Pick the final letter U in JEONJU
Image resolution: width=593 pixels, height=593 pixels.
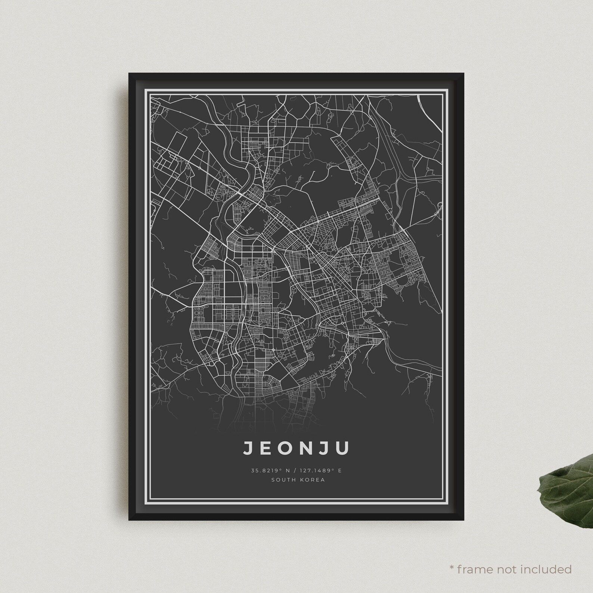pos(344,448)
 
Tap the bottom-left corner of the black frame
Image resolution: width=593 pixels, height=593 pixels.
pos(129,520)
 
